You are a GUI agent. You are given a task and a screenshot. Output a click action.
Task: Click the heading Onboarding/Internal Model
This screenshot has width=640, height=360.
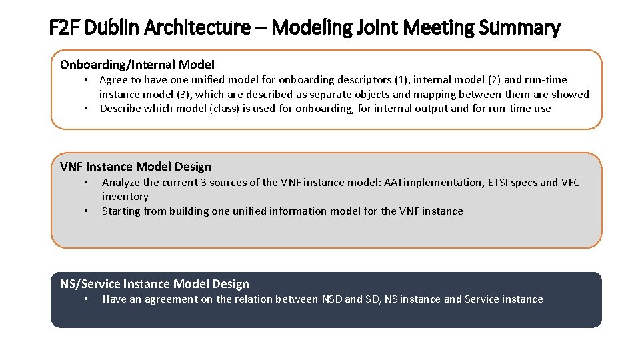pyautogui.click(x=137, y=65)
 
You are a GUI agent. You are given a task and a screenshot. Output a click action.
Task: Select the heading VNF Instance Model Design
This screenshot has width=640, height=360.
pyautogui.click(x=136, y=167)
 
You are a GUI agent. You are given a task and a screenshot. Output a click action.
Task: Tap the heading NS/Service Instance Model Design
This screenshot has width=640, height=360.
pyautogui.click(x=155, y=284)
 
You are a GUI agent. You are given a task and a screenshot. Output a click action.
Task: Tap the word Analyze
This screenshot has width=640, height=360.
pyautogui.click(x=121, y=183)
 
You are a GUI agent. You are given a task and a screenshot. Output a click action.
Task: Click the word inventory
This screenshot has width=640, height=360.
pyautogui.click(x=125, y=197)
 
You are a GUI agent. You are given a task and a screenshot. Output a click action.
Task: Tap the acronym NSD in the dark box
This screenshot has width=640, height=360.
pyautogui.click(x=331, y=299)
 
